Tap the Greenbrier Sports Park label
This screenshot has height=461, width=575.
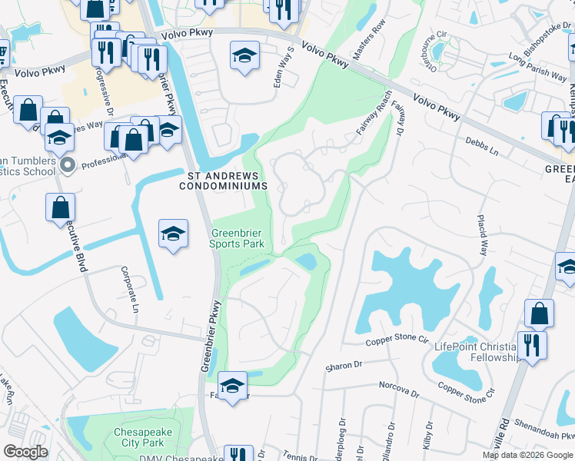click(238, 238)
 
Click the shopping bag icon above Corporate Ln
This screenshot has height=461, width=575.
click(60, 207)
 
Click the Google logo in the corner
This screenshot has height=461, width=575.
click(26, 452)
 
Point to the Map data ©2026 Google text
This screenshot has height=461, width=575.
click(527, 455)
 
